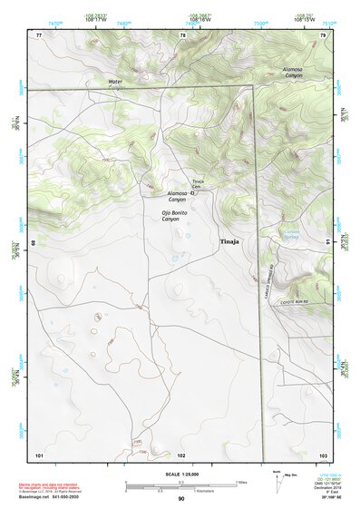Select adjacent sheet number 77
coord(39,34)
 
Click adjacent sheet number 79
coord(323,34)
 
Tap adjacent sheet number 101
coord(39,453)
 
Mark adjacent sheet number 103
coord(322,453)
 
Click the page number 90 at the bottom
coord(181,499)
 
